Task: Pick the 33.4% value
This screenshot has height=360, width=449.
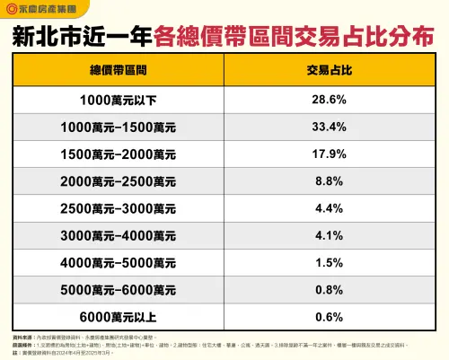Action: pos(330,127)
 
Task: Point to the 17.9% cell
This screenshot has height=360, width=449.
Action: pos(330,154)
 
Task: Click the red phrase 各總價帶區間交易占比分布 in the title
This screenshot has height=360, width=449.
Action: pos(295,39)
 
